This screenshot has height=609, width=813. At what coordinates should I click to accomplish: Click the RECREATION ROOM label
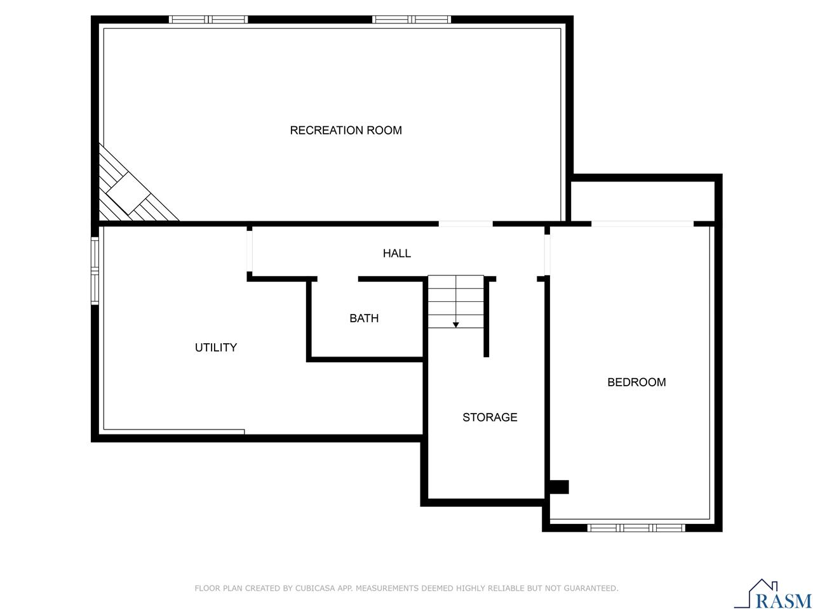[x=346, y=130]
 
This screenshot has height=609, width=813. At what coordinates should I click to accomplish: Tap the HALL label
[x=396, y=253]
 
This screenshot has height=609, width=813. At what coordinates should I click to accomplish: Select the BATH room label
[x=364, y=318]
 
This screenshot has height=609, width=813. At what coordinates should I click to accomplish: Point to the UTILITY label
[x=216, y=348]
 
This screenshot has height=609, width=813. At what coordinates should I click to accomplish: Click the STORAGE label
[x=490, y=417]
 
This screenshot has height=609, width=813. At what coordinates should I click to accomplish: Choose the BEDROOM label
[x=636, y=382]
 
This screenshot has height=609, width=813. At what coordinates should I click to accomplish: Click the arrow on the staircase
[x=455, y=324]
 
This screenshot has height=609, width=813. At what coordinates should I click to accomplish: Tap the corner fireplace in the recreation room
[x=130, y=190]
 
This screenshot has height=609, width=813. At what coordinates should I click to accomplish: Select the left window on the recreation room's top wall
[x=208, y=20]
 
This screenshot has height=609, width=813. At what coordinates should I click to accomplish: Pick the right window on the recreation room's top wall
[x=412, y=20]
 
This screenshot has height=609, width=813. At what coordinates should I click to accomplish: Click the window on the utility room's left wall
[x=95, y=271]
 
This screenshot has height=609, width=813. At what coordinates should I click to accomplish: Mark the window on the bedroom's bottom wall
[x=636, y=527]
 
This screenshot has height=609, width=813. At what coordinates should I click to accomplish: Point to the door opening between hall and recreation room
[x=466, y=223]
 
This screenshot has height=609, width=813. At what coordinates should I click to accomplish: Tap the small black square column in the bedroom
[x=559, y=487]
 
